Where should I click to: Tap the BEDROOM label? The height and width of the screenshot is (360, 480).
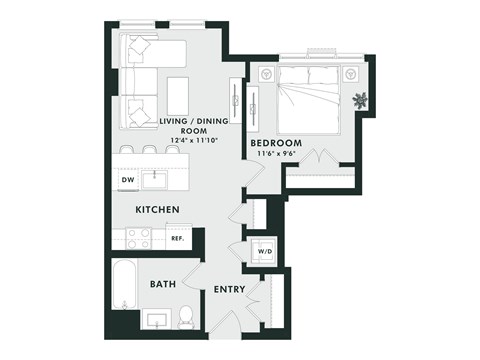(276, 143)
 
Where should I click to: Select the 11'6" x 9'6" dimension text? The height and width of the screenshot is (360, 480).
(276, 154)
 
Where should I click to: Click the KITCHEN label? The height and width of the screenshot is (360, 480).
(158, 209)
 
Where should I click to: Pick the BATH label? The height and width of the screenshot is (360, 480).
(163, 284)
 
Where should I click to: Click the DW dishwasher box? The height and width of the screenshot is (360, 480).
(128, 181)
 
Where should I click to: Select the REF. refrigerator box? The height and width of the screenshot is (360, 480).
(177, 239)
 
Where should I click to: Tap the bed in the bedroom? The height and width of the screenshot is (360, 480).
(310, 101)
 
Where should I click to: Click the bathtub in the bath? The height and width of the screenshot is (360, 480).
(126, 285)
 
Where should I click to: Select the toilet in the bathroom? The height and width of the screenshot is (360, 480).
(186, 319)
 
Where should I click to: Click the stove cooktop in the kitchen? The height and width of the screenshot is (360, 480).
(138, 239)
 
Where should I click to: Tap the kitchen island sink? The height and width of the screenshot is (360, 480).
(155, 180)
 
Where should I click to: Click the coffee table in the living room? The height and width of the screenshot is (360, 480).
(178, 95)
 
